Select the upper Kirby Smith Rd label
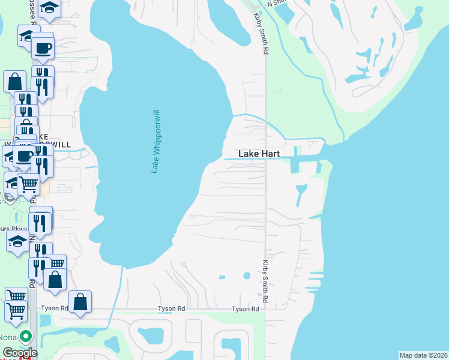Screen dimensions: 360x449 pos(259,34)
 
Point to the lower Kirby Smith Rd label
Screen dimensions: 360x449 pos(264,280)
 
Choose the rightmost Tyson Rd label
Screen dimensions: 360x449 pos(246,308)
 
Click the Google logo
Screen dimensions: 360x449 pos(19,353)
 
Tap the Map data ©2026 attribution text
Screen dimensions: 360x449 pos(424,355)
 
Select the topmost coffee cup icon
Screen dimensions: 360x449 pos(43,48)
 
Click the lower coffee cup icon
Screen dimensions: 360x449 pos(25,157)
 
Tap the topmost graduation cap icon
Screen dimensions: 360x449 pos(49,8)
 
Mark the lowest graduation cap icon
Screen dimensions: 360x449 pos(17,242)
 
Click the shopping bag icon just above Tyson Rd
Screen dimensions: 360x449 pos(80,302)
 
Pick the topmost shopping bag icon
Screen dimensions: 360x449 pos(14,82)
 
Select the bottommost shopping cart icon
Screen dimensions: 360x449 pos(16,311)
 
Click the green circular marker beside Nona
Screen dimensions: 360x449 pos(25,337)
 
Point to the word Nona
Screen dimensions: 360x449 pos(8,337)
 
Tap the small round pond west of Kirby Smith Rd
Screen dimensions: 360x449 pos(246,276)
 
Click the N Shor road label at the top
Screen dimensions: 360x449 pos(278,3)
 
